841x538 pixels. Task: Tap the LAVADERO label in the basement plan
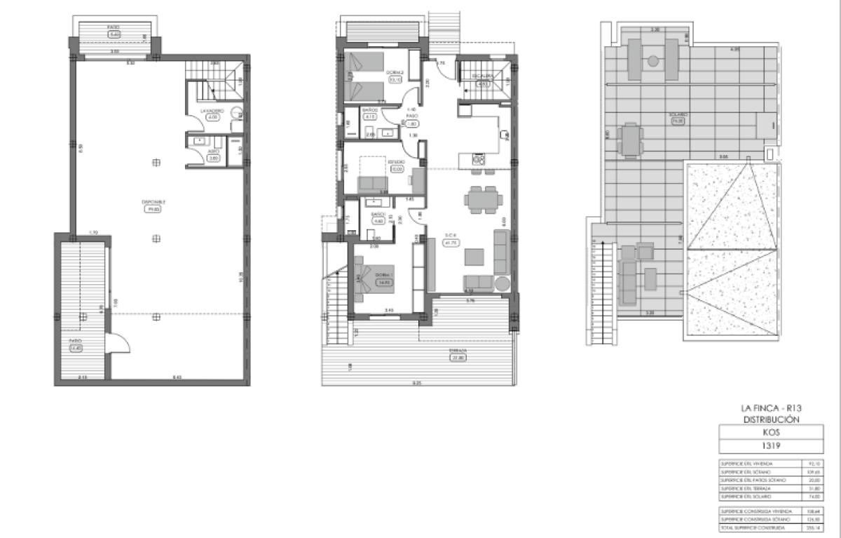[x=212, y=111]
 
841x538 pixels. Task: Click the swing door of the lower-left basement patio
[x=119, y=343]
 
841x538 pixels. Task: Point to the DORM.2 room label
[x=394, y=72]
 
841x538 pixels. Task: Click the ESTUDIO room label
[x=397, y=162]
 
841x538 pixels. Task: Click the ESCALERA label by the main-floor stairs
[x=481, y=75]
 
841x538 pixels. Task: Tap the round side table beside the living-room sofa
[x=502, y=283]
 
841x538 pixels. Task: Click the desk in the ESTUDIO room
[x=418, y=180]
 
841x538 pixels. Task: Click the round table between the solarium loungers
[x=653, y=61]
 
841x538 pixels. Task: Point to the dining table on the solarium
[x=631, y=140]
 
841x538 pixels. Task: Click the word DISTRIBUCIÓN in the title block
[x=771, y=419]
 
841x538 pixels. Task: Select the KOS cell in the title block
[x=771, y=433]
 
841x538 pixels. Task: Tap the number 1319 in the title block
[x=771, y=446]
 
